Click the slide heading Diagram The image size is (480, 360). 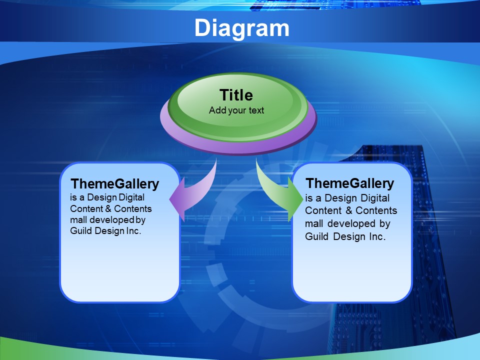pyautogui.click(x=242, y=28)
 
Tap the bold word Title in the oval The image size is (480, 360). pyautogui.click(x=236, y=95)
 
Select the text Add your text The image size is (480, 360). pyautogui.click(x=236, y=110)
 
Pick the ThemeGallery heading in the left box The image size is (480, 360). pyautogui.click(x=115, y=184)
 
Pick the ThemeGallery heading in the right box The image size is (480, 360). pyautogui.click(x=350, y=183)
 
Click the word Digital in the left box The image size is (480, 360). pyautogui.click(x=131, y=197)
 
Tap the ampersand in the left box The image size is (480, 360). pyautogui.click(x=108, y=209)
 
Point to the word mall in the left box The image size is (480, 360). pyautogui.click(x=78, y=220)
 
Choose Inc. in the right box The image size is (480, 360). pyautogui.click(x=377, y=236)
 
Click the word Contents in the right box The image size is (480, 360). pyautogui.click(x=376, y=210)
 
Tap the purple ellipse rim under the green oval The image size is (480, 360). pyautogui.click(x=238, y=146)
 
